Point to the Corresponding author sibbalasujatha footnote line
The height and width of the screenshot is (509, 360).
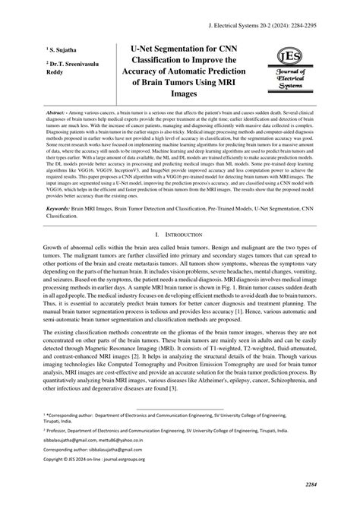pyautogui.click(x=84, y=449)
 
